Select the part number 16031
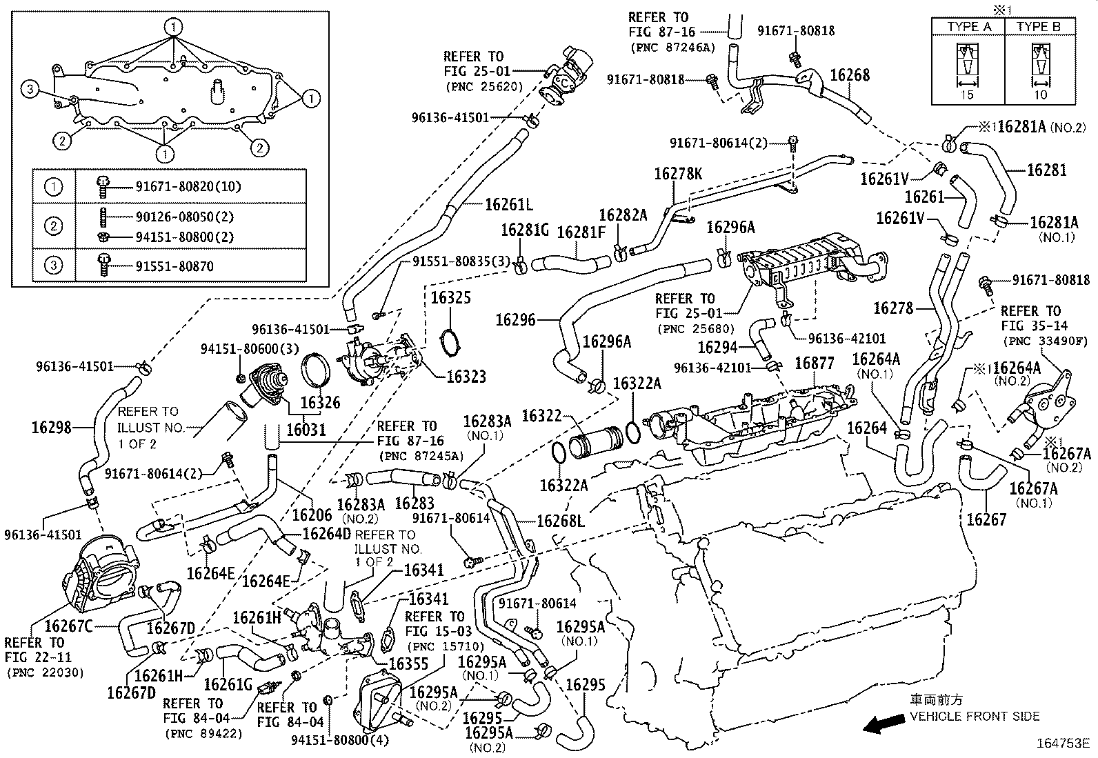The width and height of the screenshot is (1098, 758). pos(306,430)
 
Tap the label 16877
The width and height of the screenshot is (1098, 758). pos(814,363)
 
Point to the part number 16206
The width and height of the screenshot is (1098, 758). pos(312,515)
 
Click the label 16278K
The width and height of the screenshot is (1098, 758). pos(677,174)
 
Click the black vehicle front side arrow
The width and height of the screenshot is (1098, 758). pos(885,724)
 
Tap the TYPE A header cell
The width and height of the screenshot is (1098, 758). pos(968,27)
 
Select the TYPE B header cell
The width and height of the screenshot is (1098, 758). pos(1038,27)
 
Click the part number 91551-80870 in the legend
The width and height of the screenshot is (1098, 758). pos(174,266)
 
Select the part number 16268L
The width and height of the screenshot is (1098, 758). pos(561,521)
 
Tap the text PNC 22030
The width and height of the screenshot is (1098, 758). pos(43,672)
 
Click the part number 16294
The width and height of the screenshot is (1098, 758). pos(717,348)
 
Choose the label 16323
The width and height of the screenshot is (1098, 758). pos(466,376)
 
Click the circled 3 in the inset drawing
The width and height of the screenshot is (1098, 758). pos(28,88)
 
